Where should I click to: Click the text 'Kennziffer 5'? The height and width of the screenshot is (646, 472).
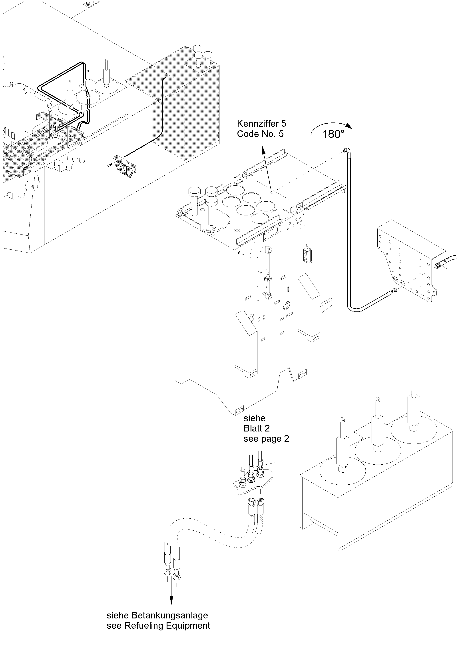[261, 124]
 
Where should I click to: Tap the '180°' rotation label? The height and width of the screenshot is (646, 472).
[333, 134]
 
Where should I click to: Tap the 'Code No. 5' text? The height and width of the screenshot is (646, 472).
[260, 134]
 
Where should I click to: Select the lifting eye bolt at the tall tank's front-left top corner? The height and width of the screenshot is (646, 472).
[180, 212]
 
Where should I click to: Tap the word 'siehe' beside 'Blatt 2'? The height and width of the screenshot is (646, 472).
[254, 418]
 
